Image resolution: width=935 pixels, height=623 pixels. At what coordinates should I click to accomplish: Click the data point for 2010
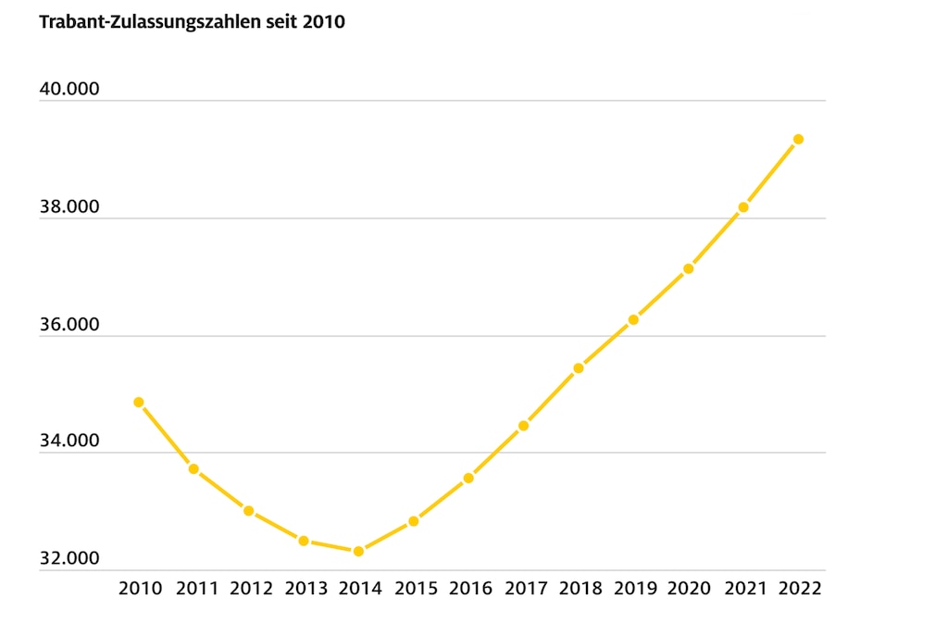(x=139, y=403)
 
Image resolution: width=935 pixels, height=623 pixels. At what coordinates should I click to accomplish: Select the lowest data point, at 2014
(x=358, y=552)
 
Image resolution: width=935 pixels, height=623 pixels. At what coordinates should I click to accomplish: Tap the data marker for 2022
(x=798, y=139)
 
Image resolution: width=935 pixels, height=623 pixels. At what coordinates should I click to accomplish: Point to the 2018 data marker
(x=579, y=368)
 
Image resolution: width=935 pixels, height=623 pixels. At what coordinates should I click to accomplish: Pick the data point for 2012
(x=248, y=511)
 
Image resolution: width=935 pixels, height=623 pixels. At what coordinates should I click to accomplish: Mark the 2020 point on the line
(x=688, y=268)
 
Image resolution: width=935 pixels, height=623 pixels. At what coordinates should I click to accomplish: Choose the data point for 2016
(x=468, y=479)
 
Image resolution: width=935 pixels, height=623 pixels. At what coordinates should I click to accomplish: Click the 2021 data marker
(x=743, y=207)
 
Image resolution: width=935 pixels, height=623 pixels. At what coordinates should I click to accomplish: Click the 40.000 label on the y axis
(x=69, y=91)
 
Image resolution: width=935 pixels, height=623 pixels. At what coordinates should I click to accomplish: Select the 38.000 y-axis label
(x=69, y=208)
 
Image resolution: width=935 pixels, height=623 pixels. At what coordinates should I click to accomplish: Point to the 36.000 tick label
(x=69, y=326)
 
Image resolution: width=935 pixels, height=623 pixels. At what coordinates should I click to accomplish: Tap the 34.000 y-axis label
(x=69, y=442)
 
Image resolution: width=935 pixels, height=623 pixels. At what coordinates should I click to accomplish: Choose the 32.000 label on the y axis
(x=69, y=560)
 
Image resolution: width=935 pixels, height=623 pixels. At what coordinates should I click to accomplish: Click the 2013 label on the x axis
(x=305, y=589)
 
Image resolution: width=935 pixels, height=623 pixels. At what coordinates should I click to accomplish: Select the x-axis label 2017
(x=525, y=589)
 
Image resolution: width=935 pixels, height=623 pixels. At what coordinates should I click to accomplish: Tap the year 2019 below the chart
(x=635, y=589)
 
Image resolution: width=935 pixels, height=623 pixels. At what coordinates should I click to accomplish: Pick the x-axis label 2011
(x=196, y=589)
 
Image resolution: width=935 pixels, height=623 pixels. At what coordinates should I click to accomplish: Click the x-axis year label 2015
(x=416, y=589)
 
